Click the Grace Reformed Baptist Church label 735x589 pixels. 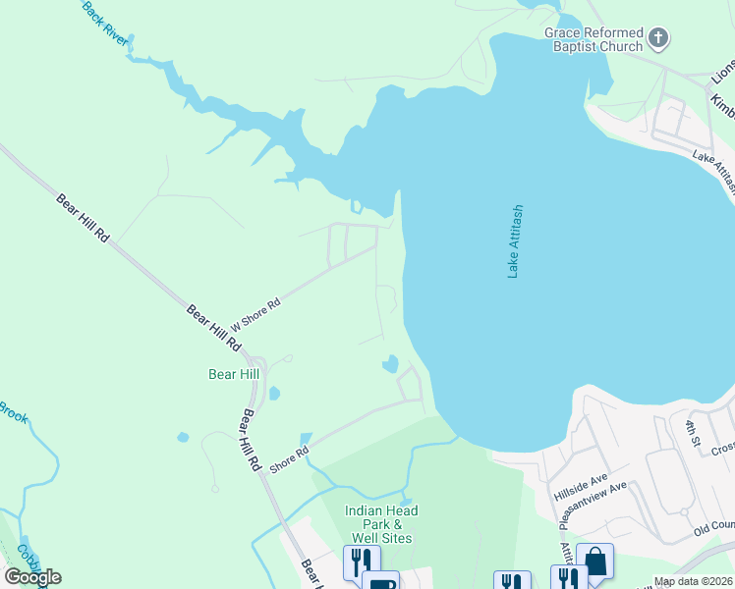[594, 39]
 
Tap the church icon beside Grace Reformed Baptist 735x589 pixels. [658, 39]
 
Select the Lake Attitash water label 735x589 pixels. [516, 241]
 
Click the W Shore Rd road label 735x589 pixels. [255, 314]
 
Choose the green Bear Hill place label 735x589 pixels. [234, 374]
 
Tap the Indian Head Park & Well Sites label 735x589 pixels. [380, 524]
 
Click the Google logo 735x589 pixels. [31, 577]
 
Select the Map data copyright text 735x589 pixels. [694, 582]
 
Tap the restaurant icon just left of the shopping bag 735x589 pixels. [568, 579]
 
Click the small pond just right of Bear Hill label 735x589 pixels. [273, 394]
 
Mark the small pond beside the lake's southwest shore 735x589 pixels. [391, 364]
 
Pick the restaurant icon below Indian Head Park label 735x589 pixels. [361, 562]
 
